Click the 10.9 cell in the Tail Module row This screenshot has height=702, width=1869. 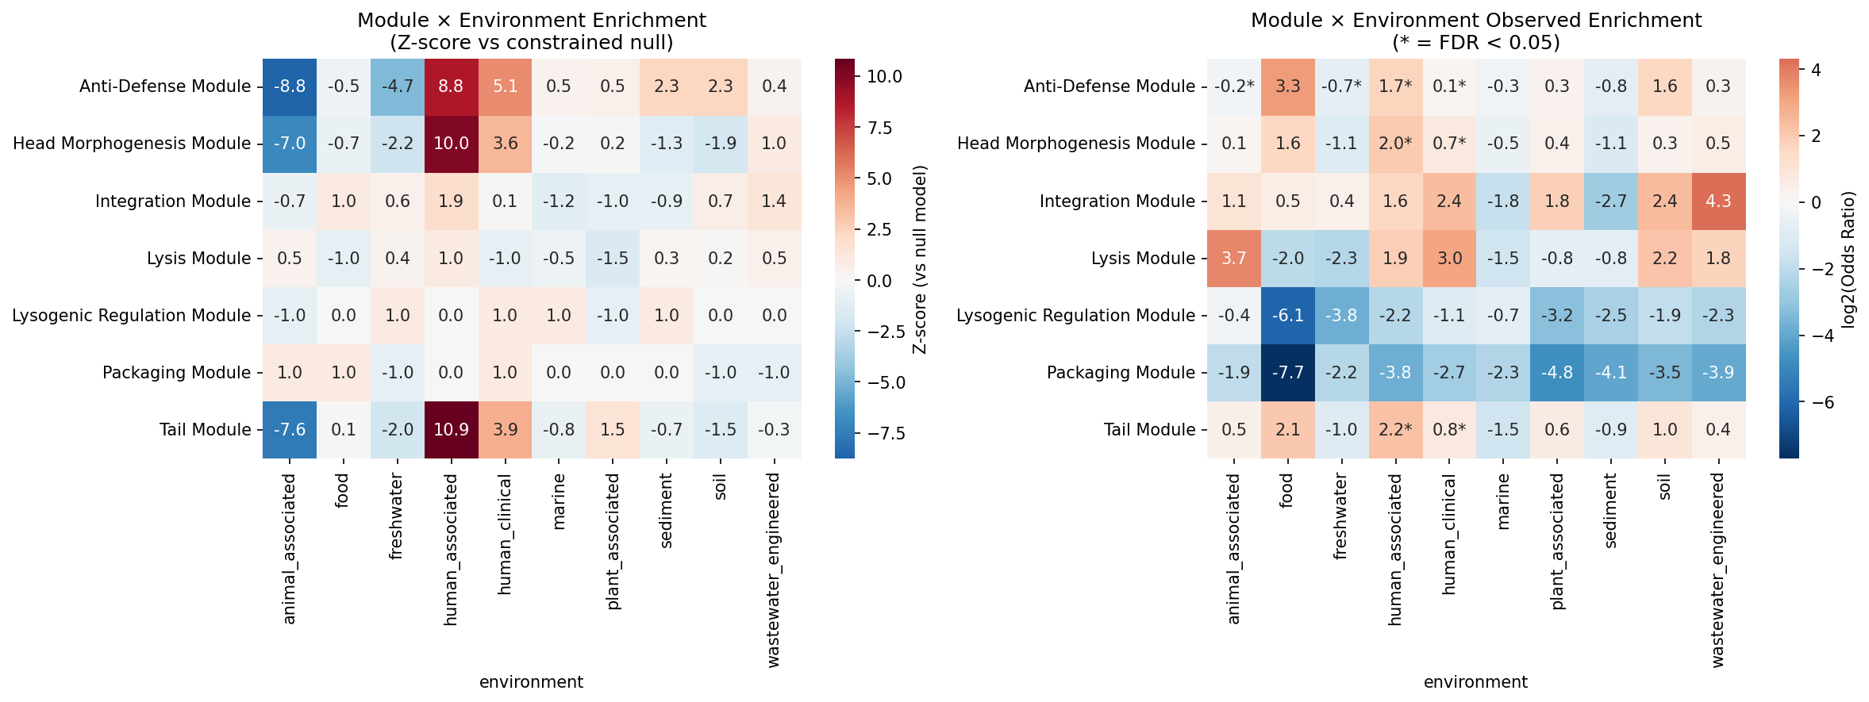[x=451, y=430]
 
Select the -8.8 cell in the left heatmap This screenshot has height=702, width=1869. [x=290, y=86]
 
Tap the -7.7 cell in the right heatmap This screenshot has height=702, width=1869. [x=1287, y=373]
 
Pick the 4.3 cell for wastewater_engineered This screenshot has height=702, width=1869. [x=1718, y=201]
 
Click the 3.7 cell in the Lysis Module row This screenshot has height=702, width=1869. [x=1233, y=259]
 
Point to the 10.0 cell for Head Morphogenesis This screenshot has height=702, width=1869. [x=451, y=144]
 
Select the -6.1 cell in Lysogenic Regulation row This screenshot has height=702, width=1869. [x=1287, y=316]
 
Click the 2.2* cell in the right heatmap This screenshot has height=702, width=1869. [x=1395, y=430]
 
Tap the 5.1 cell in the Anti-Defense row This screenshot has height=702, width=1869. [x=505, y=86]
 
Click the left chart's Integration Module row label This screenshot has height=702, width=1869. [x=172, y=201]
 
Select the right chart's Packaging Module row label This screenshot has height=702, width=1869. [x=1121, y=373]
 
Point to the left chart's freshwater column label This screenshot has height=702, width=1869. [x=397, y=516]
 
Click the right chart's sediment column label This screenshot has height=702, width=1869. [x=1610, y=511]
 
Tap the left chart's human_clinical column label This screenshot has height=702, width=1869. [x=505, y=535]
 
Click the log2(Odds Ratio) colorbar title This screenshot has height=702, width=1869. [x=1848, y=259]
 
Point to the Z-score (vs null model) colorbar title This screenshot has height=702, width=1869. [x=920, y=259]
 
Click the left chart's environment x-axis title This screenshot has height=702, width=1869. [x=531, y=682]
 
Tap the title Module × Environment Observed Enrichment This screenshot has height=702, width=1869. [x=1475, y=21]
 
